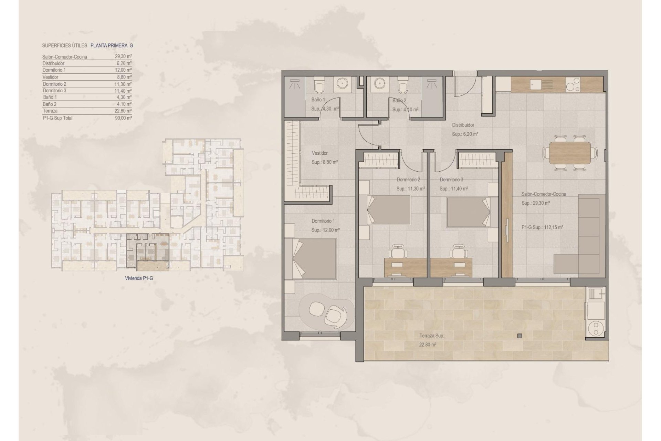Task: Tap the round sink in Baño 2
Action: [x=380, y=84]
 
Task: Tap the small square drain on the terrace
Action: [x=520, y=336]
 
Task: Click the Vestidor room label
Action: [x=319, y=153]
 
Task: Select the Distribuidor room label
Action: [x=463, y=125]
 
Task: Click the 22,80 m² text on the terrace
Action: [x=428, y=344]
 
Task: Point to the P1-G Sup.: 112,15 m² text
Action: [x=542, y=227]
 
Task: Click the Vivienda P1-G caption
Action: [x=139, y=278]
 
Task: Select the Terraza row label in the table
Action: [x=50, y=111]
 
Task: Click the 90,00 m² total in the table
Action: [x=124, y=118]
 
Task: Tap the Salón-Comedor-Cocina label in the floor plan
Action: [x=544, y=194]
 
